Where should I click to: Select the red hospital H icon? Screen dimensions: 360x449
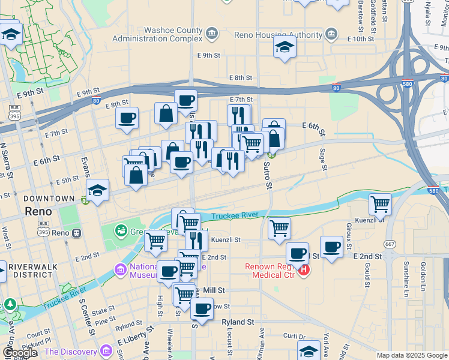click(x=304, y=271)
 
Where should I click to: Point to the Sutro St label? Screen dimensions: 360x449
click(x=268, y=175)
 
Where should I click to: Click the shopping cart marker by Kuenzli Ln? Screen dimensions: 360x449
click(x=380, y=205)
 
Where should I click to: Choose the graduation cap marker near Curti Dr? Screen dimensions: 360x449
click(x=309, y=349)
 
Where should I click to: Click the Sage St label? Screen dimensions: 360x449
click(x=323, y=160)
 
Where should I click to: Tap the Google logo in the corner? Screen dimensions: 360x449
click(x=19, y=353)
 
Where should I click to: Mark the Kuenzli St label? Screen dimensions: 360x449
click(x=224, y=239)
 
